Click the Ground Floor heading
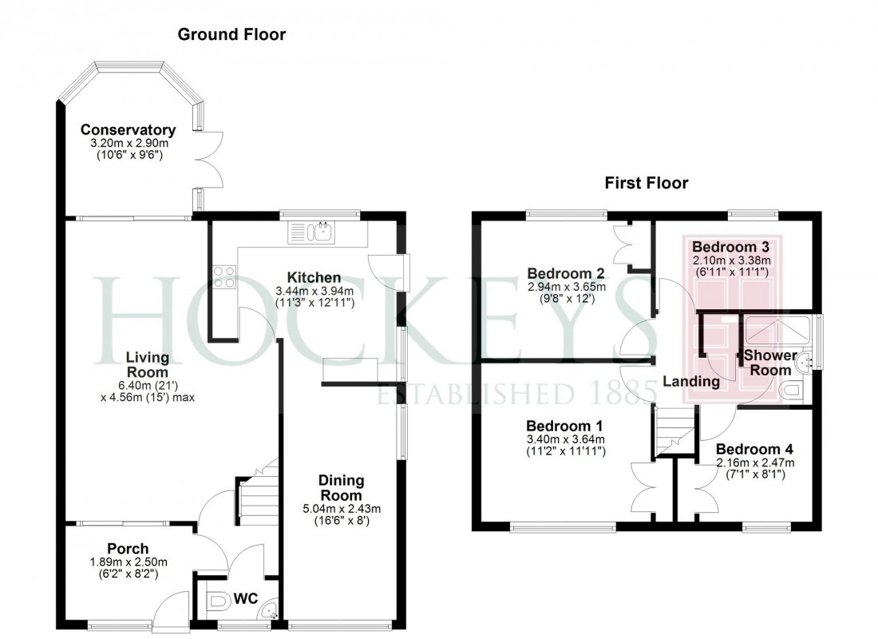[231, 34]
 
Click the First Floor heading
[646, 183]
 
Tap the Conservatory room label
[128, 130]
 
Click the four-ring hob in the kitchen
[224, 276]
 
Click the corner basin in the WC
[272, 613]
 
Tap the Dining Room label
[341, 487]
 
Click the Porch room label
[128, 549]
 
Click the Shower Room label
[770, 363]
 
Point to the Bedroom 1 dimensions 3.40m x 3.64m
[565, 439]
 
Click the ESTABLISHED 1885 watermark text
[516, 393]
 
